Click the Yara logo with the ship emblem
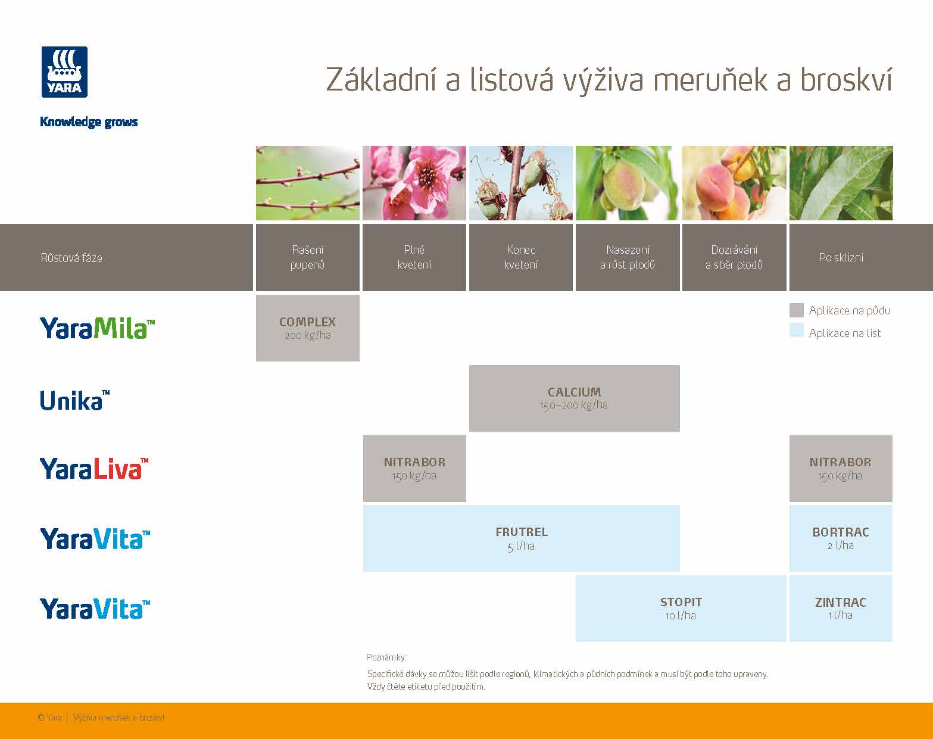[64, 72]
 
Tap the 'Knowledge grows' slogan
[89, 122]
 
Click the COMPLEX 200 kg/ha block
[307, 328]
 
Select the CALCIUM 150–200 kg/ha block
[574, 398]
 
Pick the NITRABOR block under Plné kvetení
[414, 468]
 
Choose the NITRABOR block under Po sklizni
[840, 468]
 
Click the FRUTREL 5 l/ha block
[521, 538]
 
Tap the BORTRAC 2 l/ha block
[840, 538]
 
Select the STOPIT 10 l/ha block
[681, 608]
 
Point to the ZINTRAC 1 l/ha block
[840, 608]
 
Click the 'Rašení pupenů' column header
[307, 257]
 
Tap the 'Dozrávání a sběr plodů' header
[734, 257]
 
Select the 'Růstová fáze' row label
[71, 258]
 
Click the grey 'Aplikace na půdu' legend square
[796, 310]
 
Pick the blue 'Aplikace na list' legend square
[796, 330]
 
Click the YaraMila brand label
[97, 328]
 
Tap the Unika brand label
[74, 400]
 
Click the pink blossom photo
[414, 183]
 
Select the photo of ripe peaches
[734, 183]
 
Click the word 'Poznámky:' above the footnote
[386, 657]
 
